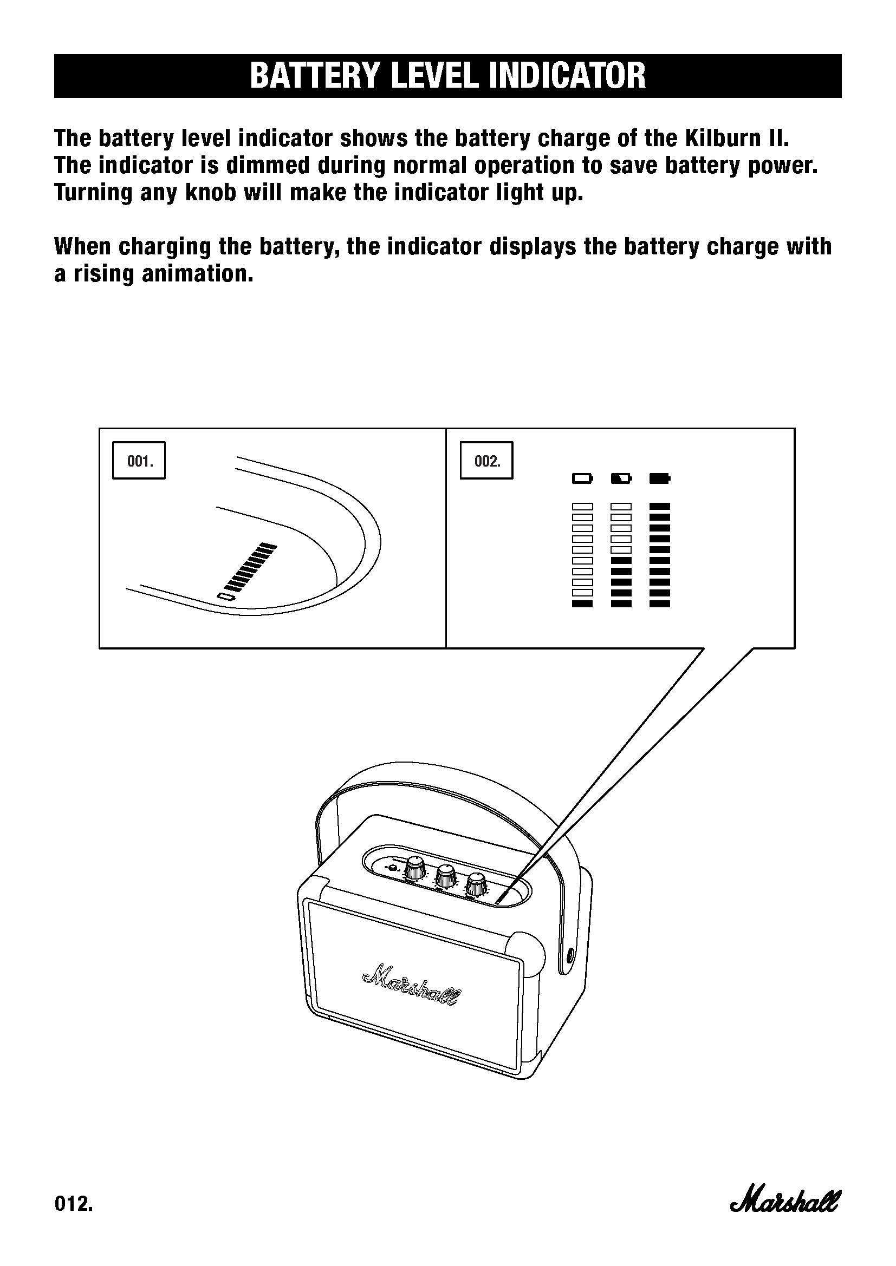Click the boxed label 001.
(x=139, y=461)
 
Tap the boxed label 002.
(x=486, y=461)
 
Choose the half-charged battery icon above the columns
(x=621, y=478)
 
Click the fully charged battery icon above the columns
(x=660, y=478)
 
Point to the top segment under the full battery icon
(x=660, y=506)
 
